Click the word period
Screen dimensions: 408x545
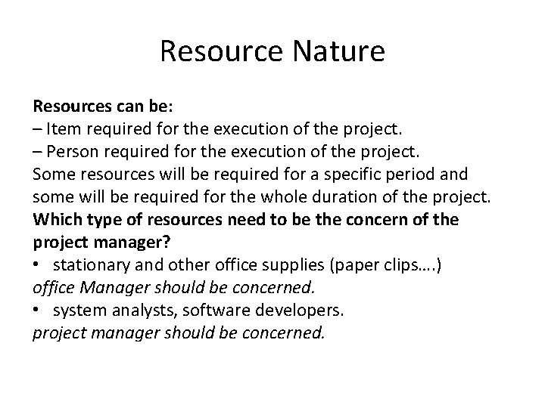[415, 175]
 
